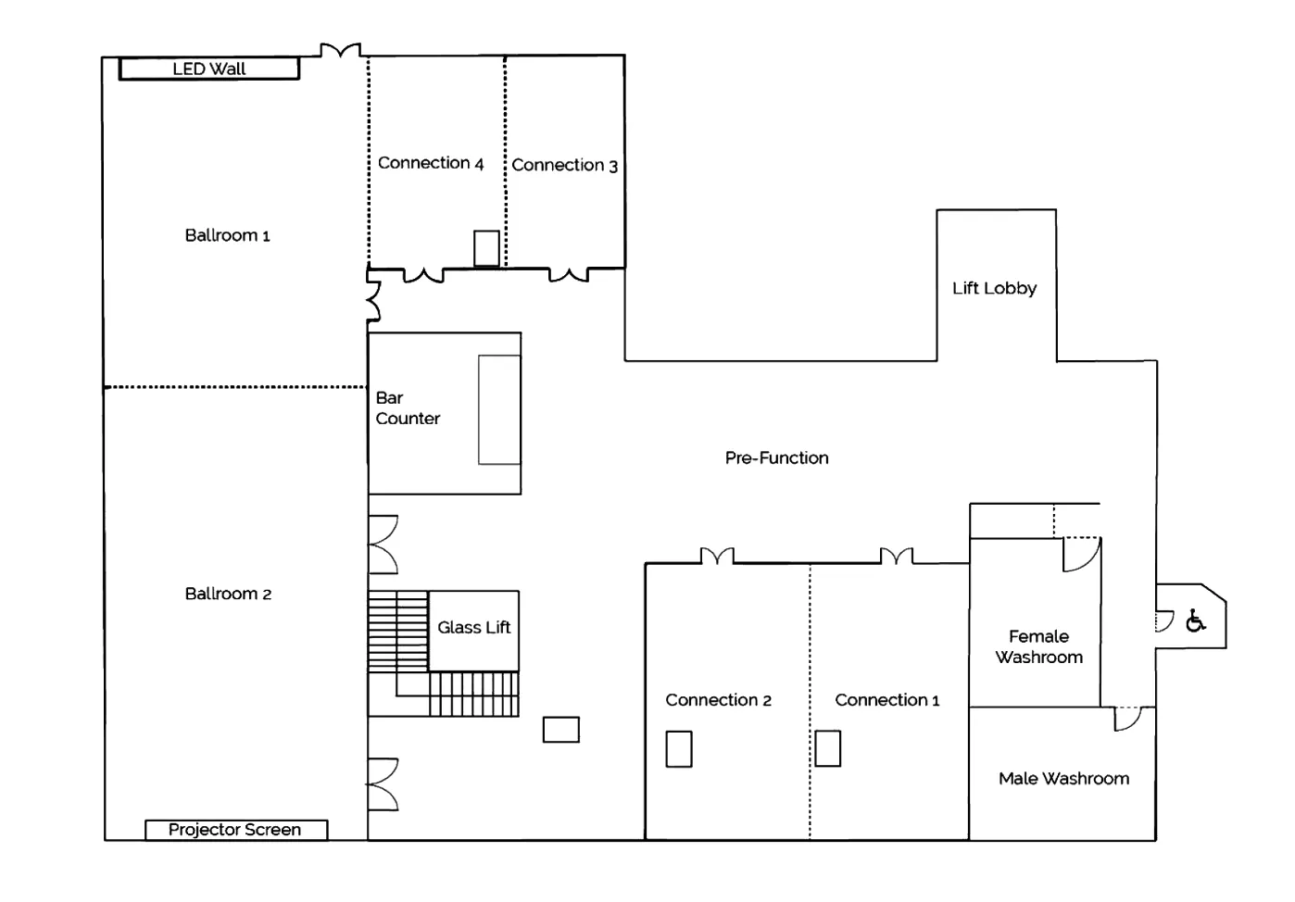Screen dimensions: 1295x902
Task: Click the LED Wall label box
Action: [209, 69]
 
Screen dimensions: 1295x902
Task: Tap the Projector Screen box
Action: [236, 830]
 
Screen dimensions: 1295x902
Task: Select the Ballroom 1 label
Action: [227, 235]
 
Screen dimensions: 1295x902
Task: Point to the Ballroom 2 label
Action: [228, 594]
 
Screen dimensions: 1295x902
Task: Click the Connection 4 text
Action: [431, 163]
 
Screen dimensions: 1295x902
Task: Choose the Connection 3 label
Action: [565, 165]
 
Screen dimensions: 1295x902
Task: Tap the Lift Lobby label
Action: [994, 288]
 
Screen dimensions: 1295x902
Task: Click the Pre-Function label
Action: [776, 457]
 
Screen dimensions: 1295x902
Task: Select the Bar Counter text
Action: [408, 408]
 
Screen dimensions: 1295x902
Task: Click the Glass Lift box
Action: [473, 631]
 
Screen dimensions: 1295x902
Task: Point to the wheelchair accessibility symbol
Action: [1195, 620]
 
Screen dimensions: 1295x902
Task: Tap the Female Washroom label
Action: [1039, 646]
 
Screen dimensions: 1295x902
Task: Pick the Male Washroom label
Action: [1063, 778]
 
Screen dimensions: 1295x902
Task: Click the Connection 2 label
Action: [718, 700]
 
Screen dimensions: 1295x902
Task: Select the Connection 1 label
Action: [886, 700]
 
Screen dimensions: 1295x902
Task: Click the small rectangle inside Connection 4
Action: [486, 248]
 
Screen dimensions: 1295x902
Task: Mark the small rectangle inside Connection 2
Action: [679, 749]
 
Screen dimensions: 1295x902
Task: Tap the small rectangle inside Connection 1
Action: [828, 748]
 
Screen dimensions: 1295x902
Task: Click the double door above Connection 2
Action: [717, 556]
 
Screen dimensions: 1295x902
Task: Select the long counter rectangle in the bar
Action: [499, 409]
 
